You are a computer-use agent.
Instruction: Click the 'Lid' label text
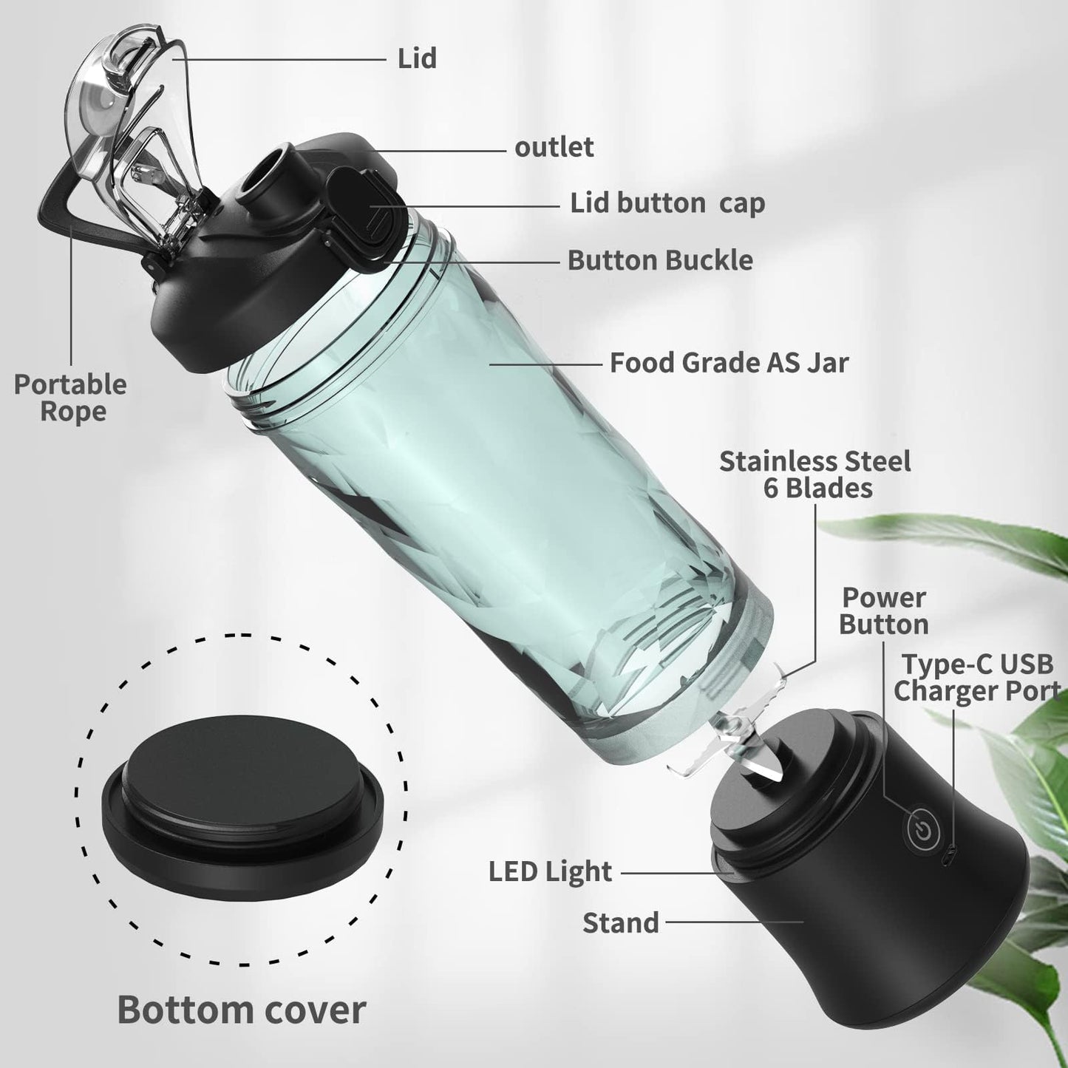point(417,58)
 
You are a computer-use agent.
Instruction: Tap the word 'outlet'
point(554,147)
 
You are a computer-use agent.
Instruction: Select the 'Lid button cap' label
point(668,204)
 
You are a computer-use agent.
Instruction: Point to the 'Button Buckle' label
point(660,260)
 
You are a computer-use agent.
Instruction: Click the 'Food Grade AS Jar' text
point(729,363)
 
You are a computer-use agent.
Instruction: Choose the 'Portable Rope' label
point(70,398)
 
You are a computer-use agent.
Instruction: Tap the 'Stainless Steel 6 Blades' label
point(815,475)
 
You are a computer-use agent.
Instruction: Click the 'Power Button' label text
point(883,611)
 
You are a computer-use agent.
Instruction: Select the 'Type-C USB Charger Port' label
point(977,678)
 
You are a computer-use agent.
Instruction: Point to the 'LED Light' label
point(550,872)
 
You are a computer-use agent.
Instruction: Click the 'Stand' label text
point(621,923)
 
